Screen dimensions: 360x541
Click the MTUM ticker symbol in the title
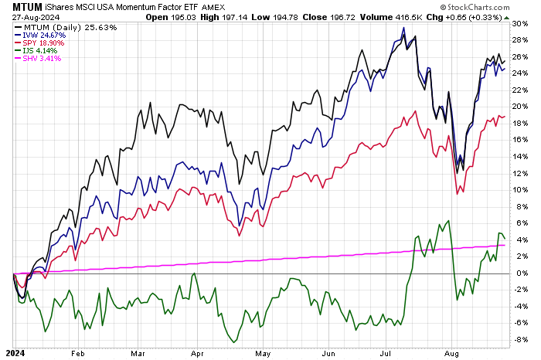[25, 7]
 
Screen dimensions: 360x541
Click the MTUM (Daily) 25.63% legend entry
[54, 27]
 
